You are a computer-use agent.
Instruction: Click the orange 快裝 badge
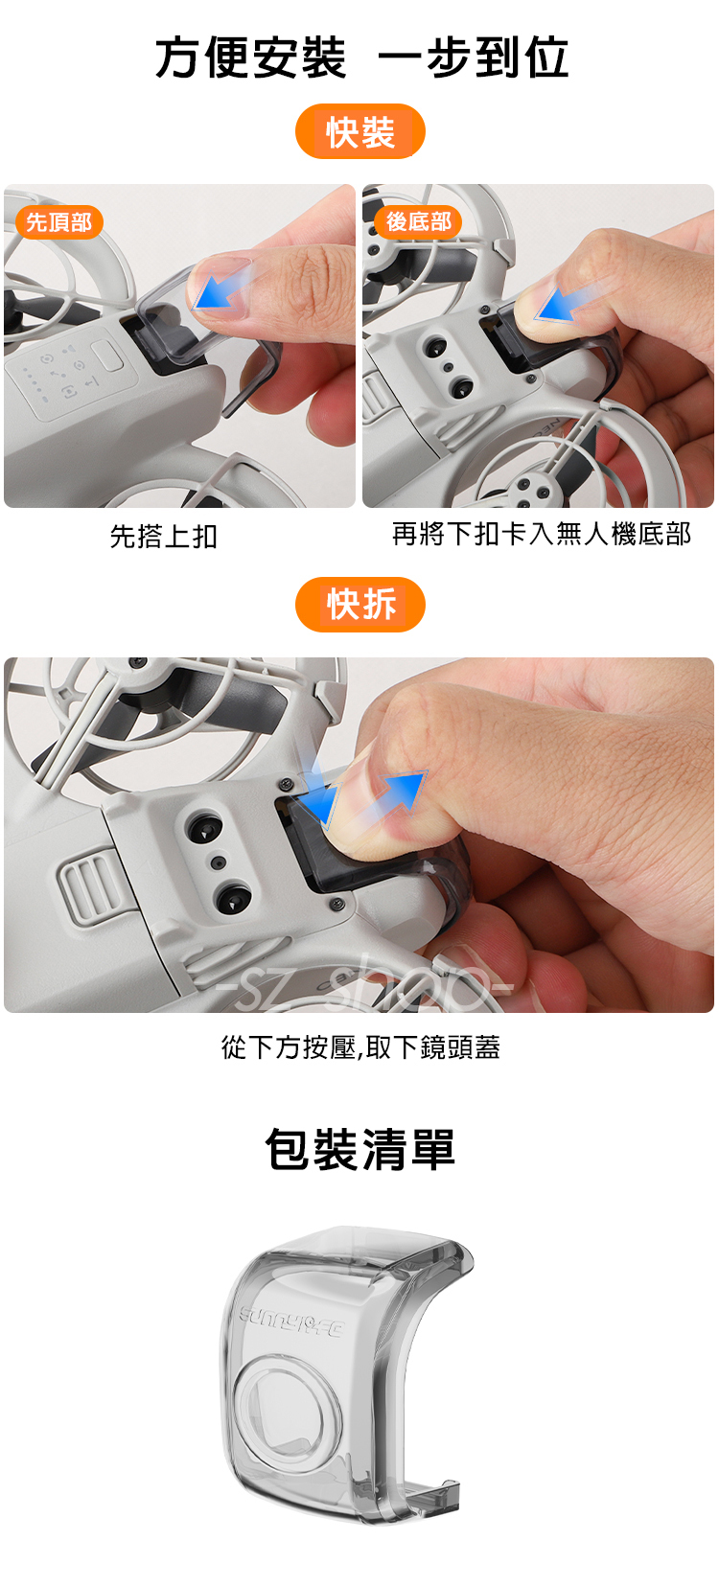click(359, 131)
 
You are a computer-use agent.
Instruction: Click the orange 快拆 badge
click(359, 605)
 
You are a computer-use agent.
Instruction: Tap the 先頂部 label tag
click(59, 222)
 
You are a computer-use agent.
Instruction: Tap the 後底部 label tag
click(418, 222)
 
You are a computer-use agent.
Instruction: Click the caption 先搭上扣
click(164, 536)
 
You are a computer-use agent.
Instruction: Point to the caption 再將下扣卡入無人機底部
click(542, 534)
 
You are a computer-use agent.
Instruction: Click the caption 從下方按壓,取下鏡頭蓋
click(360, 1046)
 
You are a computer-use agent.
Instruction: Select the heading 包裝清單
click(359, 1150)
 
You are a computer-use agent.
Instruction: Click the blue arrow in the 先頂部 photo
click(221, 288)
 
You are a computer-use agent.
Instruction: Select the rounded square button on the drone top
click(108, 356)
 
